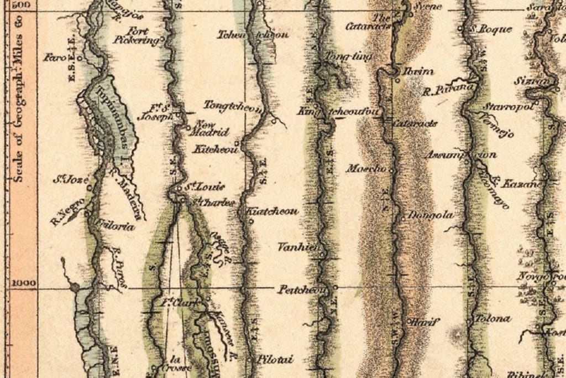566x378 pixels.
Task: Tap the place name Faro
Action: point(54,56)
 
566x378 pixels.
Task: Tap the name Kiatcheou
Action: point(271,211)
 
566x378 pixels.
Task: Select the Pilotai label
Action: point(274,359)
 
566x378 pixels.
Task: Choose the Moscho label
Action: point(365,168)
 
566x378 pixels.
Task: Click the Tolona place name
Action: point(493,319)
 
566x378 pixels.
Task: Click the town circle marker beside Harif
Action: point(409,320)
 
